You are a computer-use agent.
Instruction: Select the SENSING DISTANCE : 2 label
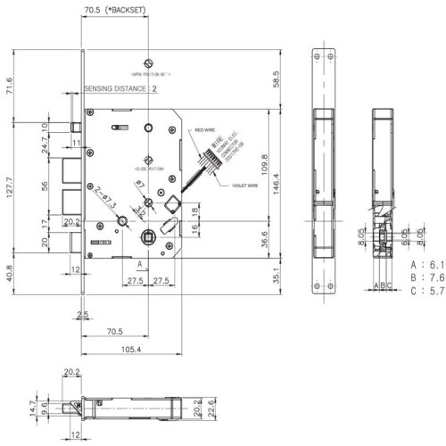120,89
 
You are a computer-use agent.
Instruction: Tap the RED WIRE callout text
206,130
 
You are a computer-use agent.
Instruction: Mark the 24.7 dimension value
44,140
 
